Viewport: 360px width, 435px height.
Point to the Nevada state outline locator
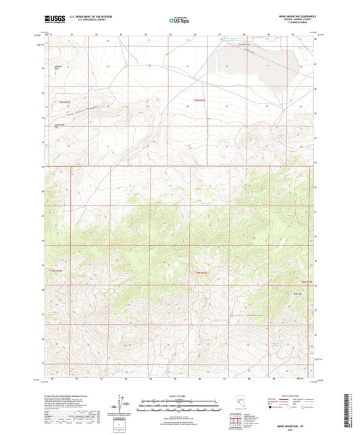(242, 403)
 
